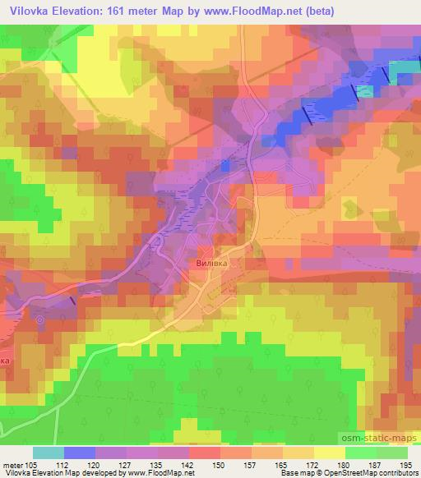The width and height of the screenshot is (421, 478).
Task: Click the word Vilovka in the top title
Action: (30, 10)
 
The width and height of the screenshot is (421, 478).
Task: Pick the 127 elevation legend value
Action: (127, 465)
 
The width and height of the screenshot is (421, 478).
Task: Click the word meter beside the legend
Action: (15, 465)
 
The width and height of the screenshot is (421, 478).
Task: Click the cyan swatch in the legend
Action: (49, 453)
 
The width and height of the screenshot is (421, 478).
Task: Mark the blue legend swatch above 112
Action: (79, 453)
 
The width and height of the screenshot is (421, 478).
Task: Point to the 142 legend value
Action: (189, 465)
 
